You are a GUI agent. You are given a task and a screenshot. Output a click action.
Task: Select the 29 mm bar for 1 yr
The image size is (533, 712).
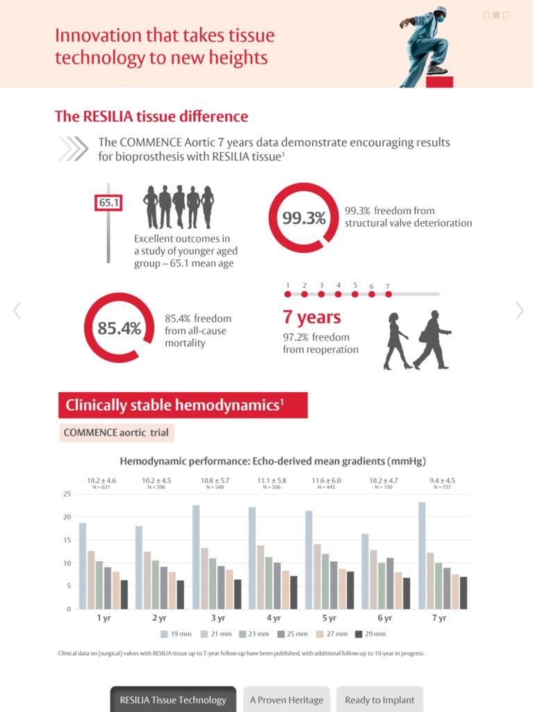click(124, 594)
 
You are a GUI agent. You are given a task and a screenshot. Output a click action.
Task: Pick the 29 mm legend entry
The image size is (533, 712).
click(370, 633)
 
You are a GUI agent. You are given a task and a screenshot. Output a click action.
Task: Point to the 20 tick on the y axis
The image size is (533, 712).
click(67, 517)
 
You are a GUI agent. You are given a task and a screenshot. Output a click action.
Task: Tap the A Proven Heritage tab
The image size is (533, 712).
click(286, 699)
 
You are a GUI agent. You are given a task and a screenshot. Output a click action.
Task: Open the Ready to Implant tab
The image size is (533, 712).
click(379, 699)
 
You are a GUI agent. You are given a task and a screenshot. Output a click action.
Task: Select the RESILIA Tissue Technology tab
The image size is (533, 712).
click(172, 699)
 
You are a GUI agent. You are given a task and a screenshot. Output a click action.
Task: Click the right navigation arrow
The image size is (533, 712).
click(519, 310)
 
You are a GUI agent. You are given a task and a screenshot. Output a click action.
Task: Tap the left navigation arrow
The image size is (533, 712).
click(17, 310)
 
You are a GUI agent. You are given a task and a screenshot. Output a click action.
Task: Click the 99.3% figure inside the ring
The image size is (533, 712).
click(304, 218)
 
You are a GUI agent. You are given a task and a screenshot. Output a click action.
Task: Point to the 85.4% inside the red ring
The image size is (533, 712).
click(119, 328)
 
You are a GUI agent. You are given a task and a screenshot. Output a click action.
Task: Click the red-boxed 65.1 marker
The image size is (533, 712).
click(108, 203)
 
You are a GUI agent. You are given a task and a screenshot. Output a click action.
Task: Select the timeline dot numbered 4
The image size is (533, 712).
click(338, 293)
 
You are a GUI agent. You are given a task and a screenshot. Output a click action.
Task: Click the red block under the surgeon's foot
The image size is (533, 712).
click(439, 81)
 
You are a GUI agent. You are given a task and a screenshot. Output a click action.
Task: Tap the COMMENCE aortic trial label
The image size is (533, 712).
click(116, 432)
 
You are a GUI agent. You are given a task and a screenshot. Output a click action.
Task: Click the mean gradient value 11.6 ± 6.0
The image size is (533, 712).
click(326, 480)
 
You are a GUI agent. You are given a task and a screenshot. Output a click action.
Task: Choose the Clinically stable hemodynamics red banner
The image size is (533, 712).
click(183, 405)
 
